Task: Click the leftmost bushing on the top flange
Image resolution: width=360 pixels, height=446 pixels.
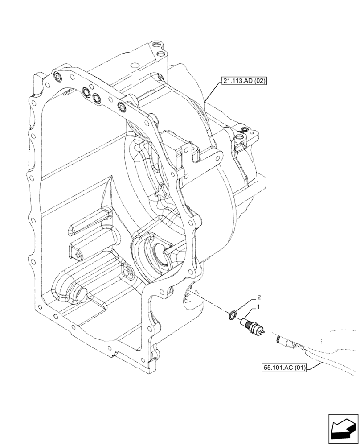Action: pyautogui.click(x=57, y=78)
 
